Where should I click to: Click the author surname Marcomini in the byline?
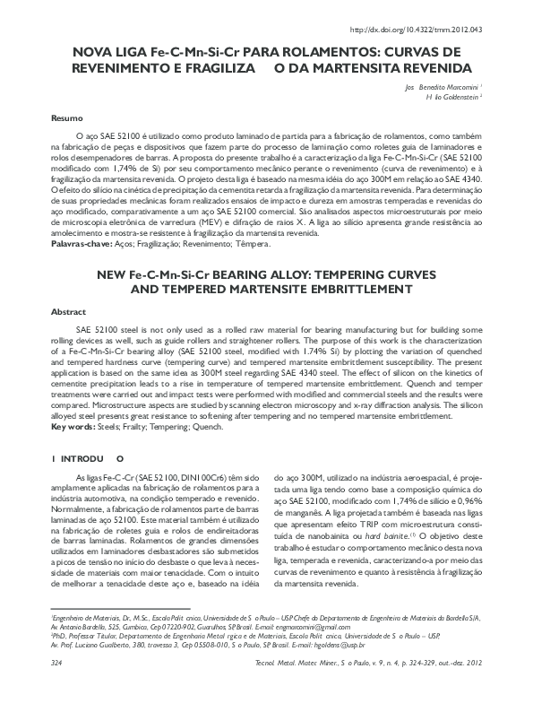pos(458,86)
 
